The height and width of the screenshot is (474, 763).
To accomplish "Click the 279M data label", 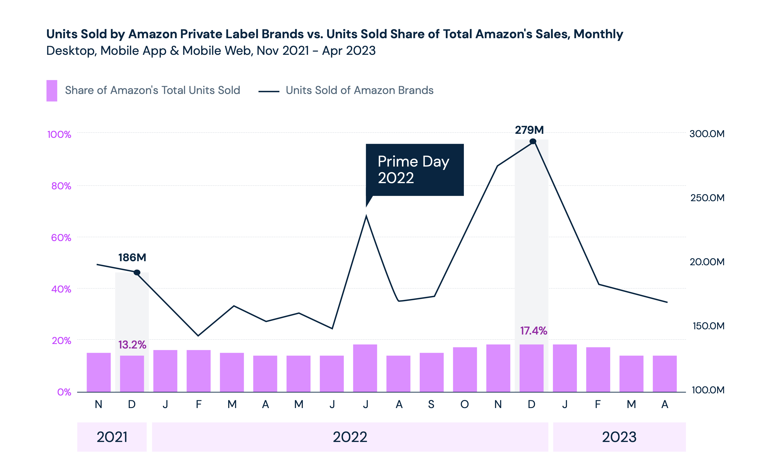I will point(529,130).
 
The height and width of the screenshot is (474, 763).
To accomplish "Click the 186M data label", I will point(132,257).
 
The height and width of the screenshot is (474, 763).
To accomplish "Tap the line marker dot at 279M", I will point(533,142).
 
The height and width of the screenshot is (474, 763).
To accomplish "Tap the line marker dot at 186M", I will point(137,272).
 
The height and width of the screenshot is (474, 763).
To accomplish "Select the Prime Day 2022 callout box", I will point(414,170).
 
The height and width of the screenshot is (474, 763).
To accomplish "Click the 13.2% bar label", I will point(132,345).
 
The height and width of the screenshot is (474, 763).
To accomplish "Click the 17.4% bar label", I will point(533,331).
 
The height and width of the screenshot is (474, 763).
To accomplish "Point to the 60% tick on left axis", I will point(61,238).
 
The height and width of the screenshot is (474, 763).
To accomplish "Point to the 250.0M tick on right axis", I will point(707,198).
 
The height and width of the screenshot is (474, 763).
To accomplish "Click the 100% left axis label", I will point(59,135).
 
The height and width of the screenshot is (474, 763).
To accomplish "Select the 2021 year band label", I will point(112,437).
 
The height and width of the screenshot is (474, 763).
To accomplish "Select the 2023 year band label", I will point(619,437).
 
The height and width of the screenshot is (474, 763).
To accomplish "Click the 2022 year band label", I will point(350,437).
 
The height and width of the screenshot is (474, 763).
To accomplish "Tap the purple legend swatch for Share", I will point(52,91).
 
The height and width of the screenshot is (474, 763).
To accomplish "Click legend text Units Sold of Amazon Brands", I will point(359,90).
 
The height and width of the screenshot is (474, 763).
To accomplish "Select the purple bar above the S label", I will point(432,372).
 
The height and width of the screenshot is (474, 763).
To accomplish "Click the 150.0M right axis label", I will point(708,326).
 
